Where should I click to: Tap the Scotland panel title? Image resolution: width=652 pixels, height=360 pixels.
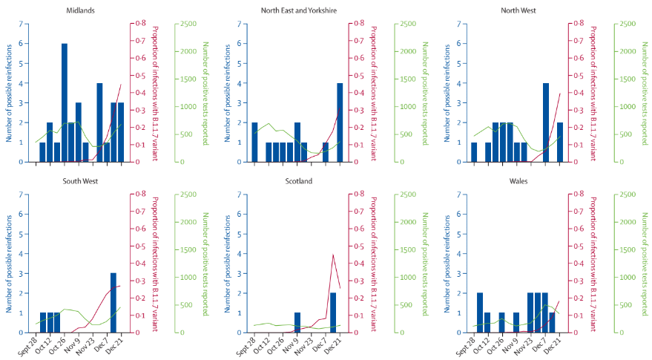click(297, 181)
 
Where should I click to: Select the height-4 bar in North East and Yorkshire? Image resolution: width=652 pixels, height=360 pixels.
click(340, 122)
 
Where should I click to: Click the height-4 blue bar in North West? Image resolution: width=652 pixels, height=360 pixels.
click(546, 122)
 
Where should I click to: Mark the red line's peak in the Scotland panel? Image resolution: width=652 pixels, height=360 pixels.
click(333, 255)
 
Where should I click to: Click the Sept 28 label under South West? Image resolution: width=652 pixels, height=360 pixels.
click(28, 345)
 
